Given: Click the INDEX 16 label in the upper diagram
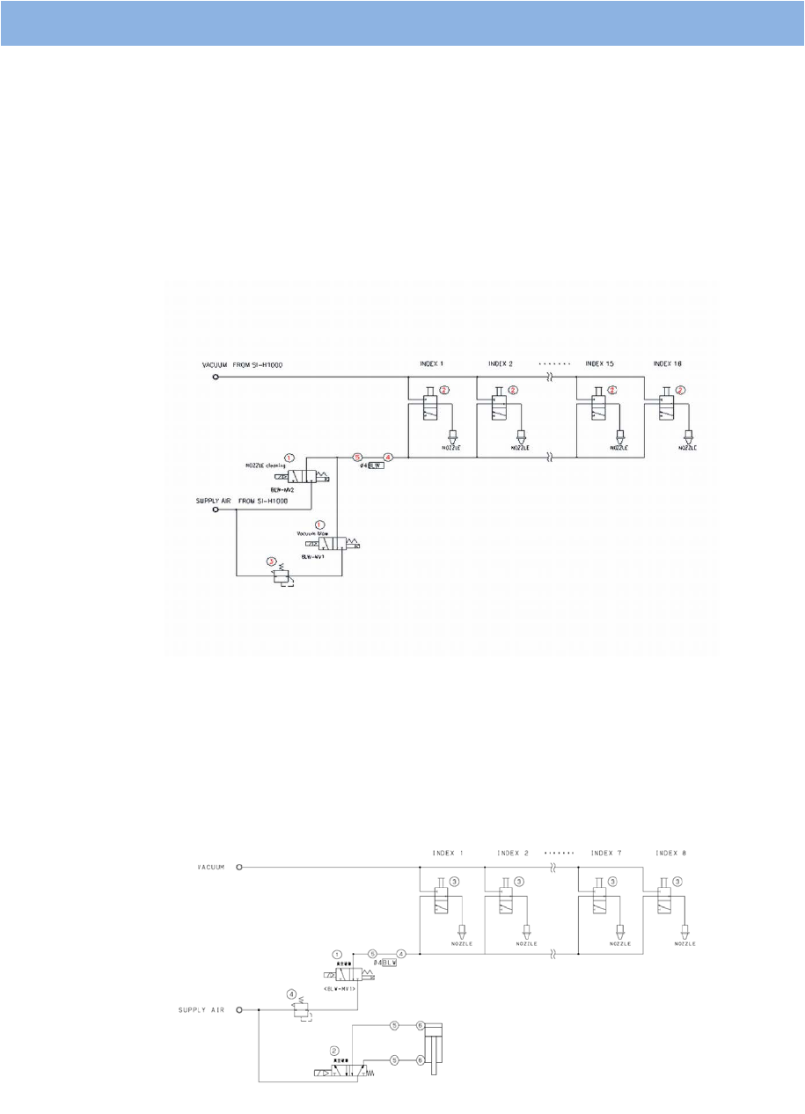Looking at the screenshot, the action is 670,363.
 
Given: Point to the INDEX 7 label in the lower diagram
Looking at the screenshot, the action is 606,853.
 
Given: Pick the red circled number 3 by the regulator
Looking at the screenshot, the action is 271,561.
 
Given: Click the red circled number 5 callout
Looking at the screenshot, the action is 357,458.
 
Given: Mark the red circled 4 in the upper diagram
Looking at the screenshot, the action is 388,458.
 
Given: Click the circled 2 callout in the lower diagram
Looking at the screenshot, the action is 334,1051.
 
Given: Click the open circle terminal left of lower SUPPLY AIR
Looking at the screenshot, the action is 239,1010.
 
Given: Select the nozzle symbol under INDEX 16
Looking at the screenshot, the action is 689,435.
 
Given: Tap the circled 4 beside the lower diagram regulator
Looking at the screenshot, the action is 291,996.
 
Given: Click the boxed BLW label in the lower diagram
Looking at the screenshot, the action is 389,963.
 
